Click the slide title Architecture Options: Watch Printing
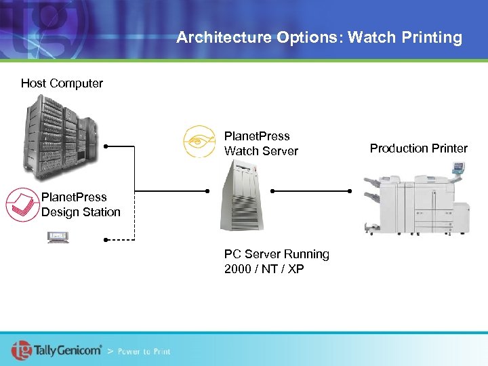point(319,37)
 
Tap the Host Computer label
point(62,83)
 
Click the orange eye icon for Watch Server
point(199,142)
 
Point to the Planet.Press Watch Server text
point(261,144)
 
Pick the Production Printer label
point(418,148)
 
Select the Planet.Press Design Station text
point(81,205)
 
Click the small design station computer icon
point(58,237)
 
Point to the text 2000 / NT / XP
point(264,269)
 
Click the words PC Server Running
point(277,254)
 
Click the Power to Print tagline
point(144,351)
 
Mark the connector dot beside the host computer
point(106,146)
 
